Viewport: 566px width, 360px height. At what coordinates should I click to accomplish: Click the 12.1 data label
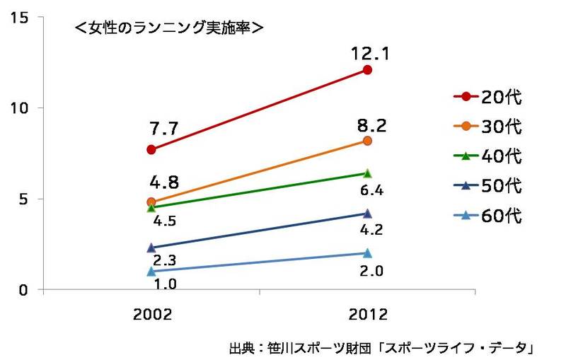(x=366, y=53)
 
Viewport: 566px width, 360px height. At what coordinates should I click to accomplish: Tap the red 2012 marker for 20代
(x=367, y=70)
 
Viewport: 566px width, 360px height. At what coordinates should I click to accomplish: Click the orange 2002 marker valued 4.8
(x=151, y=202)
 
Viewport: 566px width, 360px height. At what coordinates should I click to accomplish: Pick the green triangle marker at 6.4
(x=367, y=173)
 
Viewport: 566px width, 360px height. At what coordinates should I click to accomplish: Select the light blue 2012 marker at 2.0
(x=367, y=253)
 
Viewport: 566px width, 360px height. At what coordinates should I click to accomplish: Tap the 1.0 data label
(x=166, y=284)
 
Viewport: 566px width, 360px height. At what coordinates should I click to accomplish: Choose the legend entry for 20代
(x=487, y=96)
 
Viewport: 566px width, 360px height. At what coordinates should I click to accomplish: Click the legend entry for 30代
(x=487, y=127)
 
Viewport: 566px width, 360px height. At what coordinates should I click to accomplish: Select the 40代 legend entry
(x=487, y=156)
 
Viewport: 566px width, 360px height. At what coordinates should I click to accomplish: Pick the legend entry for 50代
(x=487, y=186)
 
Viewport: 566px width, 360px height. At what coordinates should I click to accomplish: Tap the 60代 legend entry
(x=487, y=216)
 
